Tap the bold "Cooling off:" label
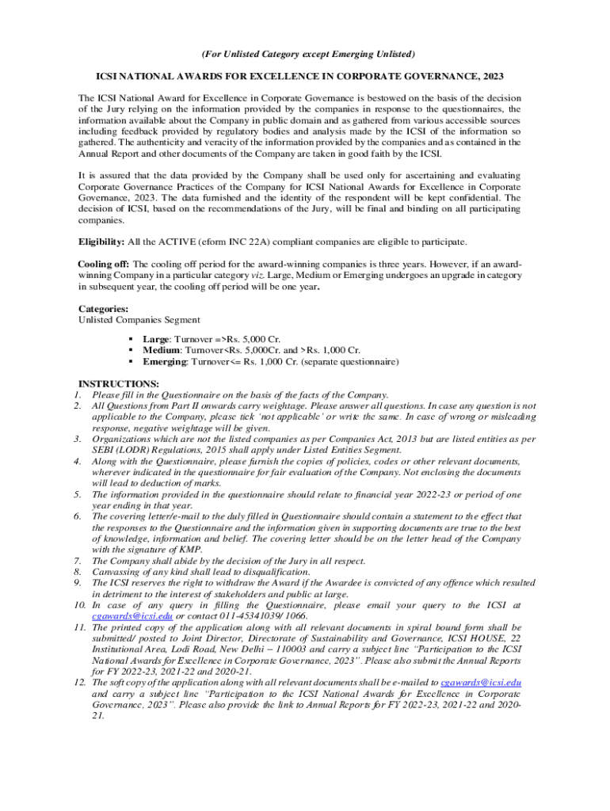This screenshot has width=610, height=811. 104,264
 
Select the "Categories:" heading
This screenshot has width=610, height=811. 104,309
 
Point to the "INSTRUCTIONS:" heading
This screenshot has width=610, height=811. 113,383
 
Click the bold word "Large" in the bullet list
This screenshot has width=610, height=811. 155,339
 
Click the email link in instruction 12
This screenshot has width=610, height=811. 480,682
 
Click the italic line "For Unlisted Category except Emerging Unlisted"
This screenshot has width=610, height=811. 305,54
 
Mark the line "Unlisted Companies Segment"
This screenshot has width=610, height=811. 139,320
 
